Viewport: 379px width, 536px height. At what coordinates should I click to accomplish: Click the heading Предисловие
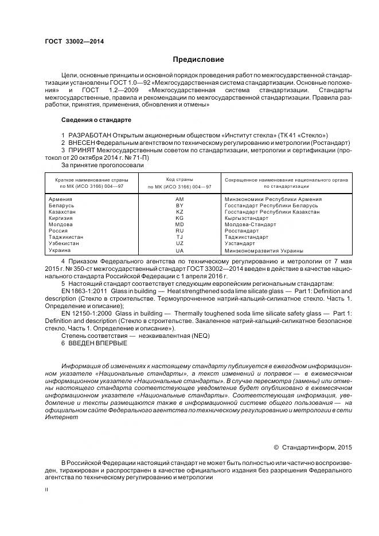198,60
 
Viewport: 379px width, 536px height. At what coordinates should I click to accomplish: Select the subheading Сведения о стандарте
96,120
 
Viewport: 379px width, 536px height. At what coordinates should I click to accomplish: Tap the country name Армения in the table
61,199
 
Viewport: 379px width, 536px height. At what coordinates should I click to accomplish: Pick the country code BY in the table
179,206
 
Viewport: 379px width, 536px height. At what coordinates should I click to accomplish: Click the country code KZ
179,212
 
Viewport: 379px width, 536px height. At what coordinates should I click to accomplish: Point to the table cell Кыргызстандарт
247,218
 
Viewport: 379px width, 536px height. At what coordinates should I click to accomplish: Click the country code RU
179,231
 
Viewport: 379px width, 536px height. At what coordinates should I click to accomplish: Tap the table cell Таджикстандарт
247,237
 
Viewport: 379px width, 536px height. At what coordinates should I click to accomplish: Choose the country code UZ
179,243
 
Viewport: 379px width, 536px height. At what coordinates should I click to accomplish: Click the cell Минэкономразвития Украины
264,251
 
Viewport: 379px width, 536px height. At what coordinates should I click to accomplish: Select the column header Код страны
179,179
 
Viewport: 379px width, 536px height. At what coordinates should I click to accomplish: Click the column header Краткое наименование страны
92,179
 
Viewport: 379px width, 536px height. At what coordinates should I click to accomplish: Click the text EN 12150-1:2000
86,314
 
